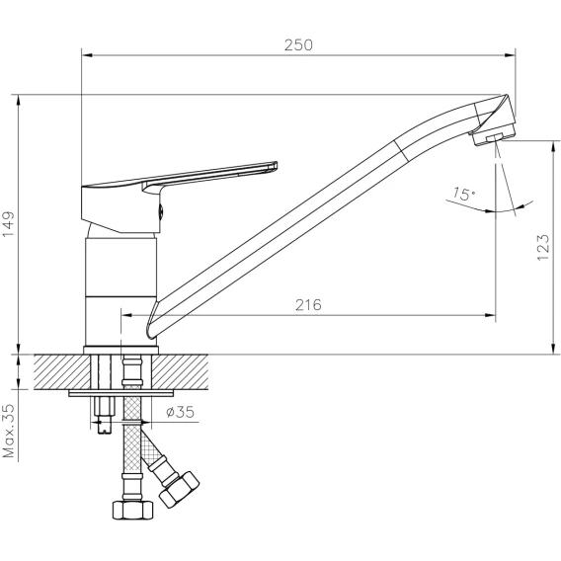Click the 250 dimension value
coord(298,45)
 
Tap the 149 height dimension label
coord(9,224)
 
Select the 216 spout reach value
coord(308,305)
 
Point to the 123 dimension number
coord(543,248)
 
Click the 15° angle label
coord(464,194)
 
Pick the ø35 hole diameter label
coord(181,412)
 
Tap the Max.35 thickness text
coord(9,431)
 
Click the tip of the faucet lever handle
coord(275,165)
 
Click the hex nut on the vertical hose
coord(132,511)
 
